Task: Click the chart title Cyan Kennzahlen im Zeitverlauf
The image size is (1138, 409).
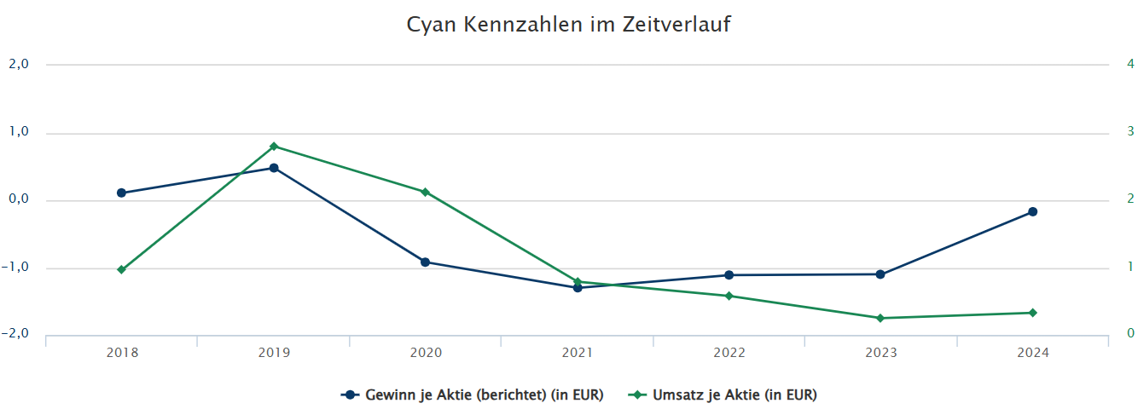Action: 569,25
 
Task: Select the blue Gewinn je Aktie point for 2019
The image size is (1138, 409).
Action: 274,168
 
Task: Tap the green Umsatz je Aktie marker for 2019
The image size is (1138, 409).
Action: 274,147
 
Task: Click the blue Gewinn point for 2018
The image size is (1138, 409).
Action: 121,193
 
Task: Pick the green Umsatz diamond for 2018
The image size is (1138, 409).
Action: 121,269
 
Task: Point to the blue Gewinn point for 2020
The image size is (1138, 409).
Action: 425,262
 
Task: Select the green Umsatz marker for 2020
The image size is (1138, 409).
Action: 425,192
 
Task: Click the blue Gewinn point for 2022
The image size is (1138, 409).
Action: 729,275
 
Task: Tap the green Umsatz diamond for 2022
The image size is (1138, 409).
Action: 729,296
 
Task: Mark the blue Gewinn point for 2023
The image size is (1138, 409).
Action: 880,274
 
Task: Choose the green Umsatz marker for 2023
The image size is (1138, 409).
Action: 880,318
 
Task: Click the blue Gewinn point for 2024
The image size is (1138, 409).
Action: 1032,211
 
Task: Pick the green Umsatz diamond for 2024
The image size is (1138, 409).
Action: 1032,313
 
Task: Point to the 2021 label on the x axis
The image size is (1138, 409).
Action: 578,352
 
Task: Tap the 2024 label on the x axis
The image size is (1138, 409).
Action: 1032,352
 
